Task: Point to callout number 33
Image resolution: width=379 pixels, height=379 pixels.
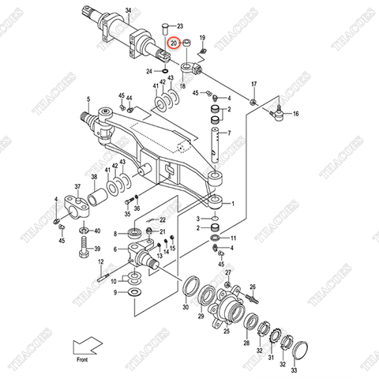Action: tap(295, 369)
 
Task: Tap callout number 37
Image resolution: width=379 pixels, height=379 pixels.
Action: tap(78, 187)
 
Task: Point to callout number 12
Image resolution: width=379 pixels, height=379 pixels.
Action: tap(100, 262)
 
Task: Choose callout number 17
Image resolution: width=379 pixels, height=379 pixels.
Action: tap(254, 84)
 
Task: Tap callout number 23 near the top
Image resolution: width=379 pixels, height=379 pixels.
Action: tap(179, 27)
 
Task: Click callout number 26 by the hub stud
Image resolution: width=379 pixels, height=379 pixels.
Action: tap(253, 287)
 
